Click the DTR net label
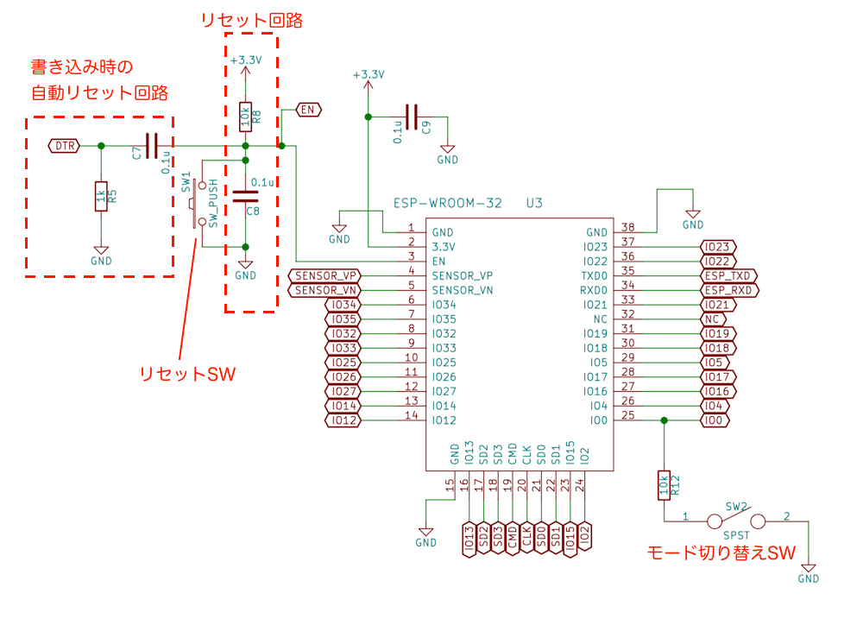pos(64,146)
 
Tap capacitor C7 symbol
pos(152,146)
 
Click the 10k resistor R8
pos(246,115)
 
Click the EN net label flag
pos(308,110)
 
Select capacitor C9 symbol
pos(413,117)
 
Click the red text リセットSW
pos(186,374)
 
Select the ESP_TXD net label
pos(729,275)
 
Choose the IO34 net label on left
pos(343,305)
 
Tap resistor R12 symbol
pos(664,485)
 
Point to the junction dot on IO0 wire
pos(664,420)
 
